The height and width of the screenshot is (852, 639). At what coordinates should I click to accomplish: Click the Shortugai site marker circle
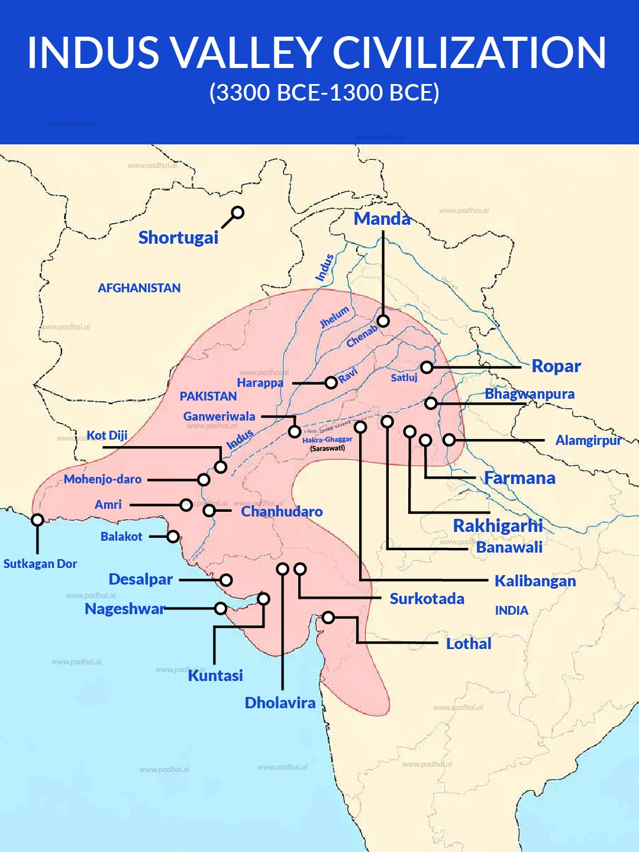[237, 213]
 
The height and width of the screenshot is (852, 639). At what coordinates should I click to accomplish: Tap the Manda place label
[382, 219]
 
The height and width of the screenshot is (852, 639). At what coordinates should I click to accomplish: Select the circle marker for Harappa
[331, 383]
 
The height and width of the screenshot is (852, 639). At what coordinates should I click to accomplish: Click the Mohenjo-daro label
[102, 479]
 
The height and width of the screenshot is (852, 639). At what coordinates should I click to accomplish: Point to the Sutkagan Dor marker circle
[37, 520]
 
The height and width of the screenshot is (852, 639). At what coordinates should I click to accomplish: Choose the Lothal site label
[468, 644]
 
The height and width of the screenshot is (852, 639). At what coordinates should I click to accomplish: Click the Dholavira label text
[280, 703]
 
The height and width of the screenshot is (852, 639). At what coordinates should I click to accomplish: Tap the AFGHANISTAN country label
[139, 288]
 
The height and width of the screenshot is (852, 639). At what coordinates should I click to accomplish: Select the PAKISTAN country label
[208, 396]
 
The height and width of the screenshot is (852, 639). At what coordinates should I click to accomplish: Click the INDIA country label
[511, 611]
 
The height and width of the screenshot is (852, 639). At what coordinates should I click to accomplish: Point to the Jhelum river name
[334, 317]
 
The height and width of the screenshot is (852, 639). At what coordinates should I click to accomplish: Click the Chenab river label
[362, 337]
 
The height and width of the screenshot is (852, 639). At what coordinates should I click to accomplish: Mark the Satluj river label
[404, 377]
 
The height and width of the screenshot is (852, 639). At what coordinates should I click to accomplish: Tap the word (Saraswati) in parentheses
[327, 448]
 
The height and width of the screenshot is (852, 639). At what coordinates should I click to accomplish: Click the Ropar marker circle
[427, 367]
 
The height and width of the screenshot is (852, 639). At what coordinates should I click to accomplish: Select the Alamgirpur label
[588, 440]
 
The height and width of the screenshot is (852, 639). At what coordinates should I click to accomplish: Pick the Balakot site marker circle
[173, 537]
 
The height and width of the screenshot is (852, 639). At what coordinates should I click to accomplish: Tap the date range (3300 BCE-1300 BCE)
[324, 93]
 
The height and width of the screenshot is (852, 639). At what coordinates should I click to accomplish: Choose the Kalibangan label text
[535, 581]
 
